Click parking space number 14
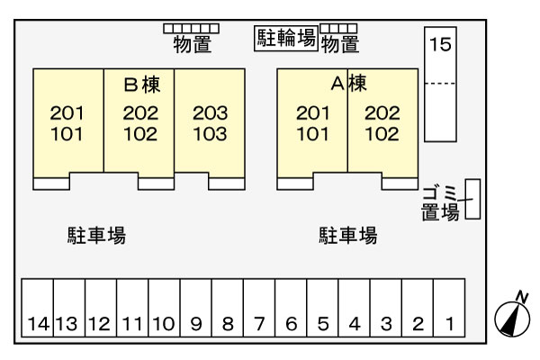coord(38,308)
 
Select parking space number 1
coord(449,308)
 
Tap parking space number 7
coord(259,308)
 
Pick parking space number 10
coord(165,308)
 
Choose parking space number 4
coord(354,308)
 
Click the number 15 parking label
coord(440,44)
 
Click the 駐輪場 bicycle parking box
coord(286,39)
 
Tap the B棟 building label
coord(142,85)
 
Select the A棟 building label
coord(348,84)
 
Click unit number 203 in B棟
coord(210,113)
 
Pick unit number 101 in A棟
coord(312,134)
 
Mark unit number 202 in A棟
coord(382,113)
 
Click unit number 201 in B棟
coord(67,113)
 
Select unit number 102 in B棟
coord(140,134)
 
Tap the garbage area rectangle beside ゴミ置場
coord(472,199)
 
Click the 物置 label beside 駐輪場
coord(340,45)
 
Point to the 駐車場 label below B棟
coord(96,236)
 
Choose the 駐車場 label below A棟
coord(347,236)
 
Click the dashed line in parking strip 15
coord(440,84)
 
